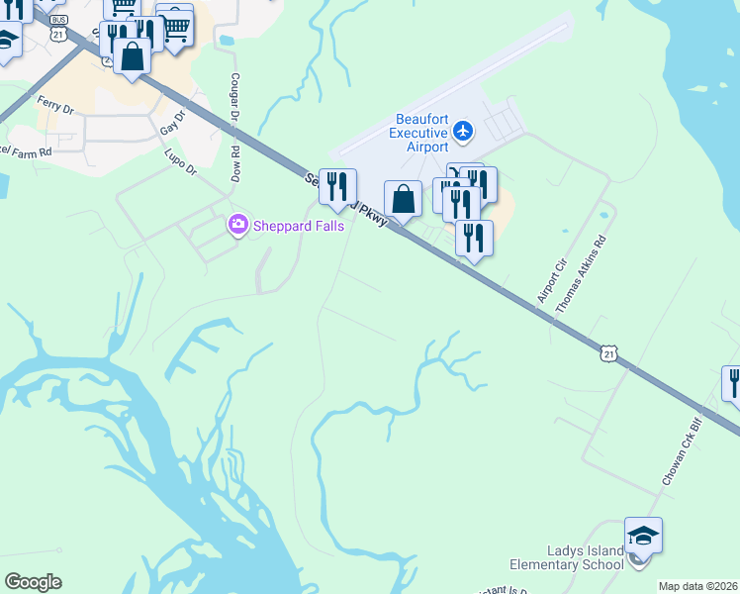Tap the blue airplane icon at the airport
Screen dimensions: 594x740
tap(464, 131)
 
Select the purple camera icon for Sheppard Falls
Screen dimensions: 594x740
tap(237, 226)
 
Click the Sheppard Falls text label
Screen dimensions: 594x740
tap(298, 226)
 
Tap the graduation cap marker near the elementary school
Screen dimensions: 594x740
tap(643, 537)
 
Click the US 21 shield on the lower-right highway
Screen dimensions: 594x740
tap(608, 353)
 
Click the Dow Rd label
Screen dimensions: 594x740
tap(236, 164)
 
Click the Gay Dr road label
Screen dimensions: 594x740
tap(173, 124)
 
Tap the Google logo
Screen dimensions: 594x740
tap(33, 582)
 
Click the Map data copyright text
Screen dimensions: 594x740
tap(697, 586)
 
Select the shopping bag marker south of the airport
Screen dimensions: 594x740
tap(403, 200)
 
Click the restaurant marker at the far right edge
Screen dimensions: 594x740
tap(733, 382)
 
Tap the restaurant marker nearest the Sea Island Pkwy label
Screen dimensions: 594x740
tap(337, 187)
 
